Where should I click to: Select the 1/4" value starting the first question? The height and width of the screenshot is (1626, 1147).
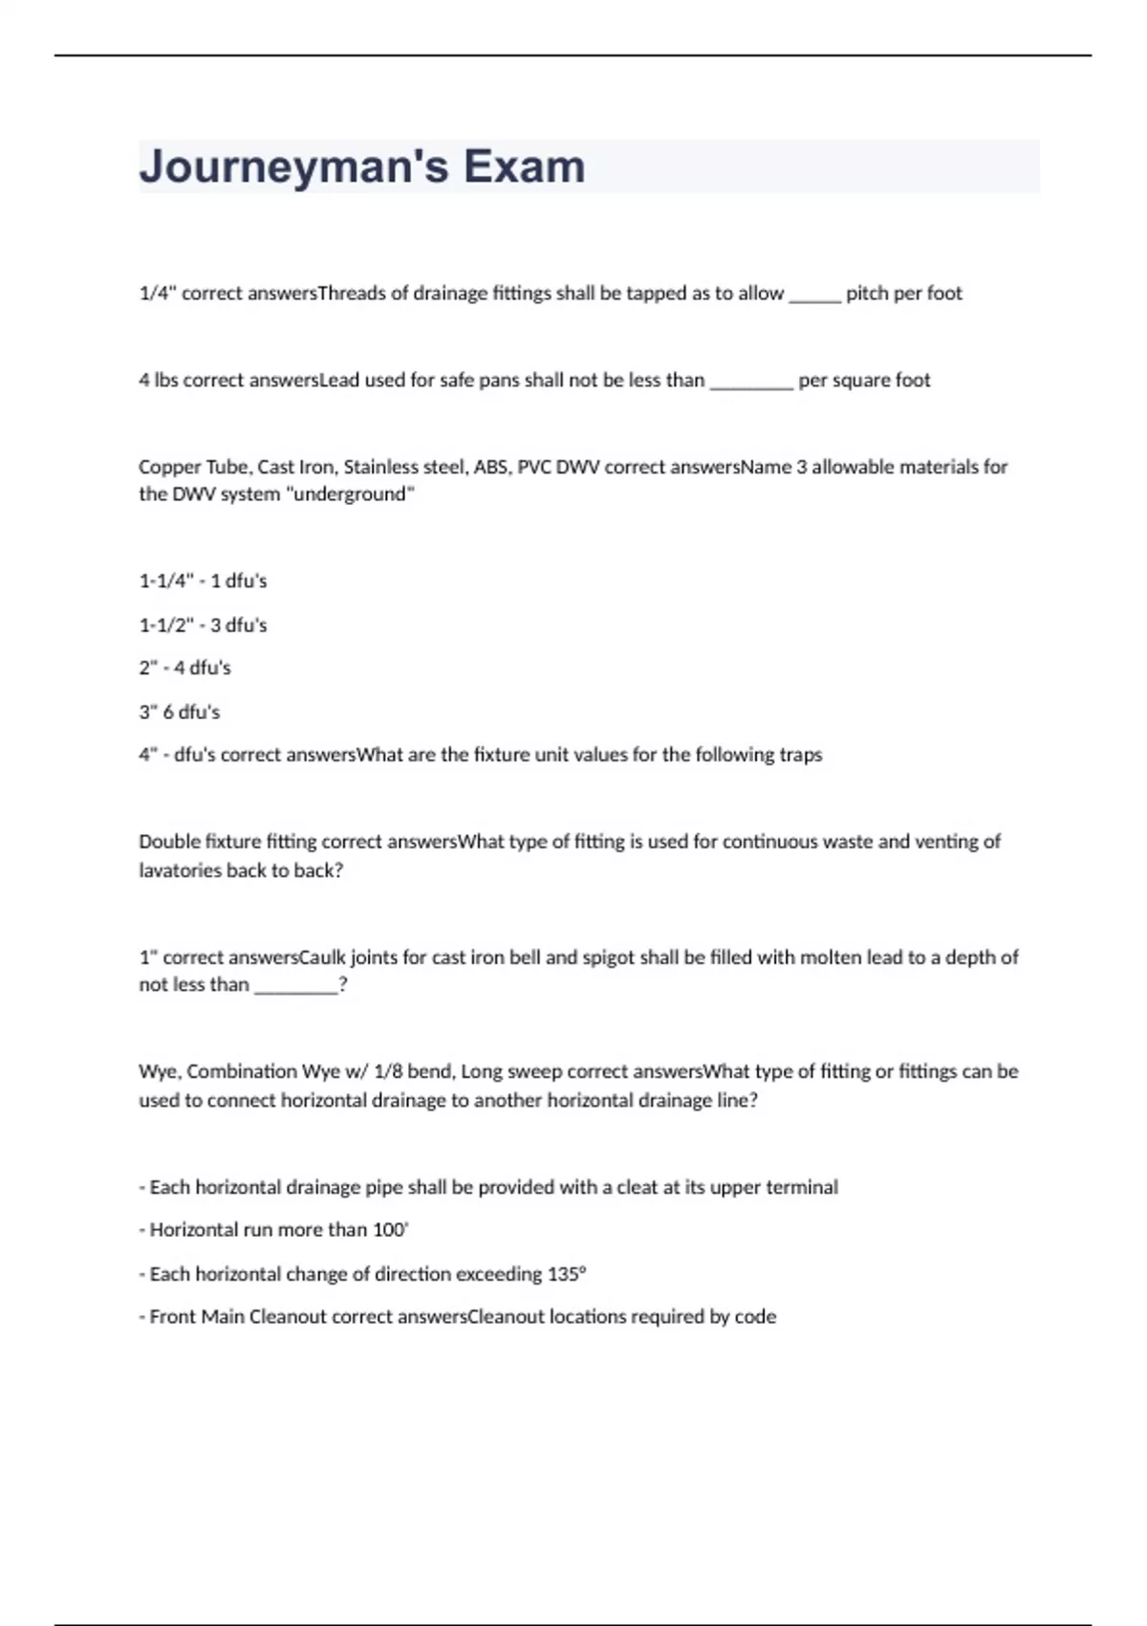click(157, 293)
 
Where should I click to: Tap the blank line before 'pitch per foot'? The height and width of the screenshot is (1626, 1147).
click(813, 297)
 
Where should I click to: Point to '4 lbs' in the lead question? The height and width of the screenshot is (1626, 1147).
click(158, 380)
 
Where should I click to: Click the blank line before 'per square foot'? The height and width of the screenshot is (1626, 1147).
click(751, 385)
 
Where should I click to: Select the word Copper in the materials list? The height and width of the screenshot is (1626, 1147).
click(168, 467)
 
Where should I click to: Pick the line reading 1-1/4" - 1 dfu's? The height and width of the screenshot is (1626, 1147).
click(203, 581)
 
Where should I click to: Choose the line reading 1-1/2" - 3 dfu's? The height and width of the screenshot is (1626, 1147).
click(203, 625)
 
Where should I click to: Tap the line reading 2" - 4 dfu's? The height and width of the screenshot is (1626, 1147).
click(184, 668)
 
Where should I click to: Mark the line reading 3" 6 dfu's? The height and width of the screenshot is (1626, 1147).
click(179, 712)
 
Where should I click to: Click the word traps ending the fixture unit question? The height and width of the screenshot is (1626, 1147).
click(800, 755)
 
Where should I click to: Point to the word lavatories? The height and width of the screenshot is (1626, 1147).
click(180, 870)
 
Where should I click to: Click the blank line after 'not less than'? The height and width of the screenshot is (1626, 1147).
click(295, 989)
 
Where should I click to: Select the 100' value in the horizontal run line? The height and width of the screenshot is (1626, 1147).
click(390, 1230)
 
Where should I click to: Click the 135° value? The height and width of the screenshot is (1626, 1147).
click(567, 1274)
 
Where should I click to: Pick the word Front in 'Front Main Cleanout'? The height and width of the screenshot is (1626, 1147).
click(172, 1317)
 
